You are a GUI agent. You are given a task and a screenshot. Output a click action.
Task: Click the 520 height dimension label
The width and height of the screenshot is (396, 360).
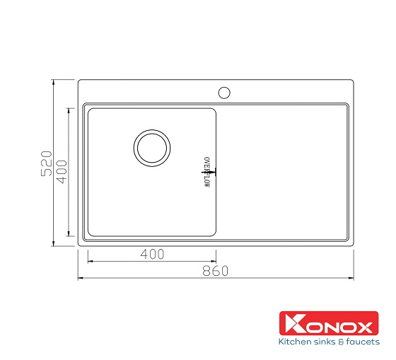coord(46,163)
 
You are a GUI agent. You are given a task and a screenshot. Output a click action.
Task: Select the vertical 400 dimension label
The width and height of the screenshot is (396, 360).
coord(62,172)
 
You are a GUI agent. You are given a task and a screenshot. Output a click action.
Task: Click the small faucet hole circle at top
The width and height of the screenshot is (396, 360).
coord(224,92)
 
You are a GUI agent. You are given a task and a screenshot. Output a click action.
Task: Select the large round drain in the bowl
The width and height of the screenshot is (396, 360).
coord(152,147)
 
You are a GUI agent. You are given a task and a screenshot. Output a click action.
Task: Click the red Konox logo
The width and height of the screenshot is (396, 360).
coord(329,327)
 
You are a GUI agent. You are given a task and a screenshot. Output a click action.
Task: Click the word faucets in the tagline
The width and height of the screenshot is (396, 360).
coord(361,342)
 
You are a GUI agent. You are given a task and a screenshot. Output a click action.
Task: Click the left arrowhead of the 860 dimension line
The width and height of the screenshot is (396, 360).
coord(80,276)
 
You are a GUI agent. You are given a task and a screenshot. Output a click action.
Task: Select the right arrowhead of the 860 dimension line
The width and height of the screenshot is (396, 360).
coord(350,276)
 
